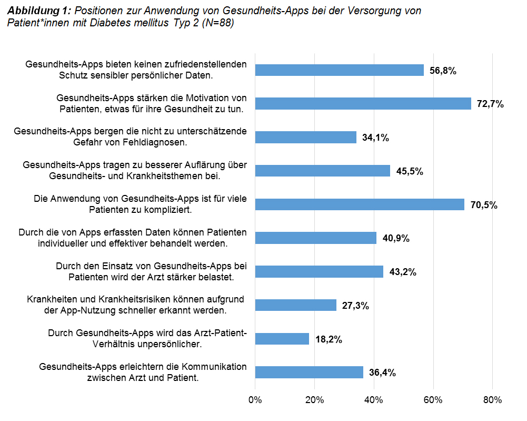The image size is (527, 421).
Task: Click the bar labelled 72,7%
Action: tap(363, 104)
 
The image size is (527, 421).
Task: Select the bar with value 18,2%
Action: tap(282, 339)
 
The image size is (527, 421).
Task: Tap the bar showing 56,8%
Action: tap(339, 70)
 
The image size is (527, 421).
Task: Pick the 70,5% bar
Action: tap(360, 204)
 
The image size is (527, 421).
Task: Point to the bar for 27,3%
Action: tap(295, 305)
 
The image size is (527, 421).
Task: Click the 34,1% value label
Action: tap(375, 138)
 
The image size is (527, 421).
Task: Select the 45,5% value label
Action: tap(409, 171)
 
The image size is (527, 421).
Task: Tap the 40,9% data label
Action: tap(395, 238)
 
